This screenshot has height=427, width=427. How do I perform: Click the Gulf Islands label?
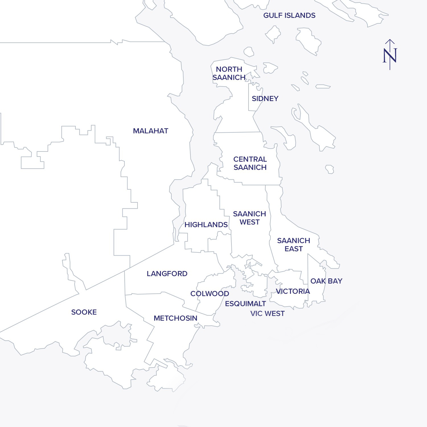click(289, 15)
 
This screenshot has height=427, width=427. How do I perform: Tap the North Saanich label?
click(229, 73)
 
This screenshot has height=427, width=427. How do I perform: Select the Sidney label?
click(265, 98)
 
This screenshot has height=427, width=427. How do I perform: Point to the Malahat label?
click(151, 131)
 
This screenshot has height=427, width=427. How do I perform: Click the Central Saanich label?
click(250, 163)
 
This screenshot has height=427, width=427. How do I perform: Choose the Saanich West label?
click(249, 218)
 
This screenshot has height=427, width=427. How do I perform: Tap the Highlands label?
click(206, 225)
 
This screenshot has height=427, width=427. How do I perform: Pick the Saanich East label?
click(293, 245)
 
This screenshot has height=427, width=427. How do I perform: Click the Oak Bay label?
click(326, 281)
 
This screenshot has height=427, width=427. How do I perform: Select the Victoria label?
click(293, 291)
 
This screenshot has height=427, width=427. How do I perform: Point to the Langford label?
click(167, 274)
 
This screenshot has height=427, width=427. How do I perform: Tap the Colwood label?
click(210, 293)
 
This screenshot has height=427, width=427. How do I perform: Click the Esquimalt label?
click(245, 303)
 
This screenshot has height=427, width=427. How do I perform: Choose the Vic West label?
click(267, 313)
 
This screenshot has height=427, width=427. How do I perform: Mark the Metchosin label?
click(175, 318)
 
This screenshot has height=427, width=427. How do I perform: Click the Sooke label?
click(84, 312)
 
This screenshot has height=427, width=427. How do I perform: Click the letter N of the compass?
click(390, 56)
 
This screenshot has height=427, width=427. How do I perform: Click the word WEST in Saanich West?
click(249, 222)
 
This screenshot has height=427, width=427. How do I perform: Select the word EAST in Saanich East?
click(293, 249)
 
